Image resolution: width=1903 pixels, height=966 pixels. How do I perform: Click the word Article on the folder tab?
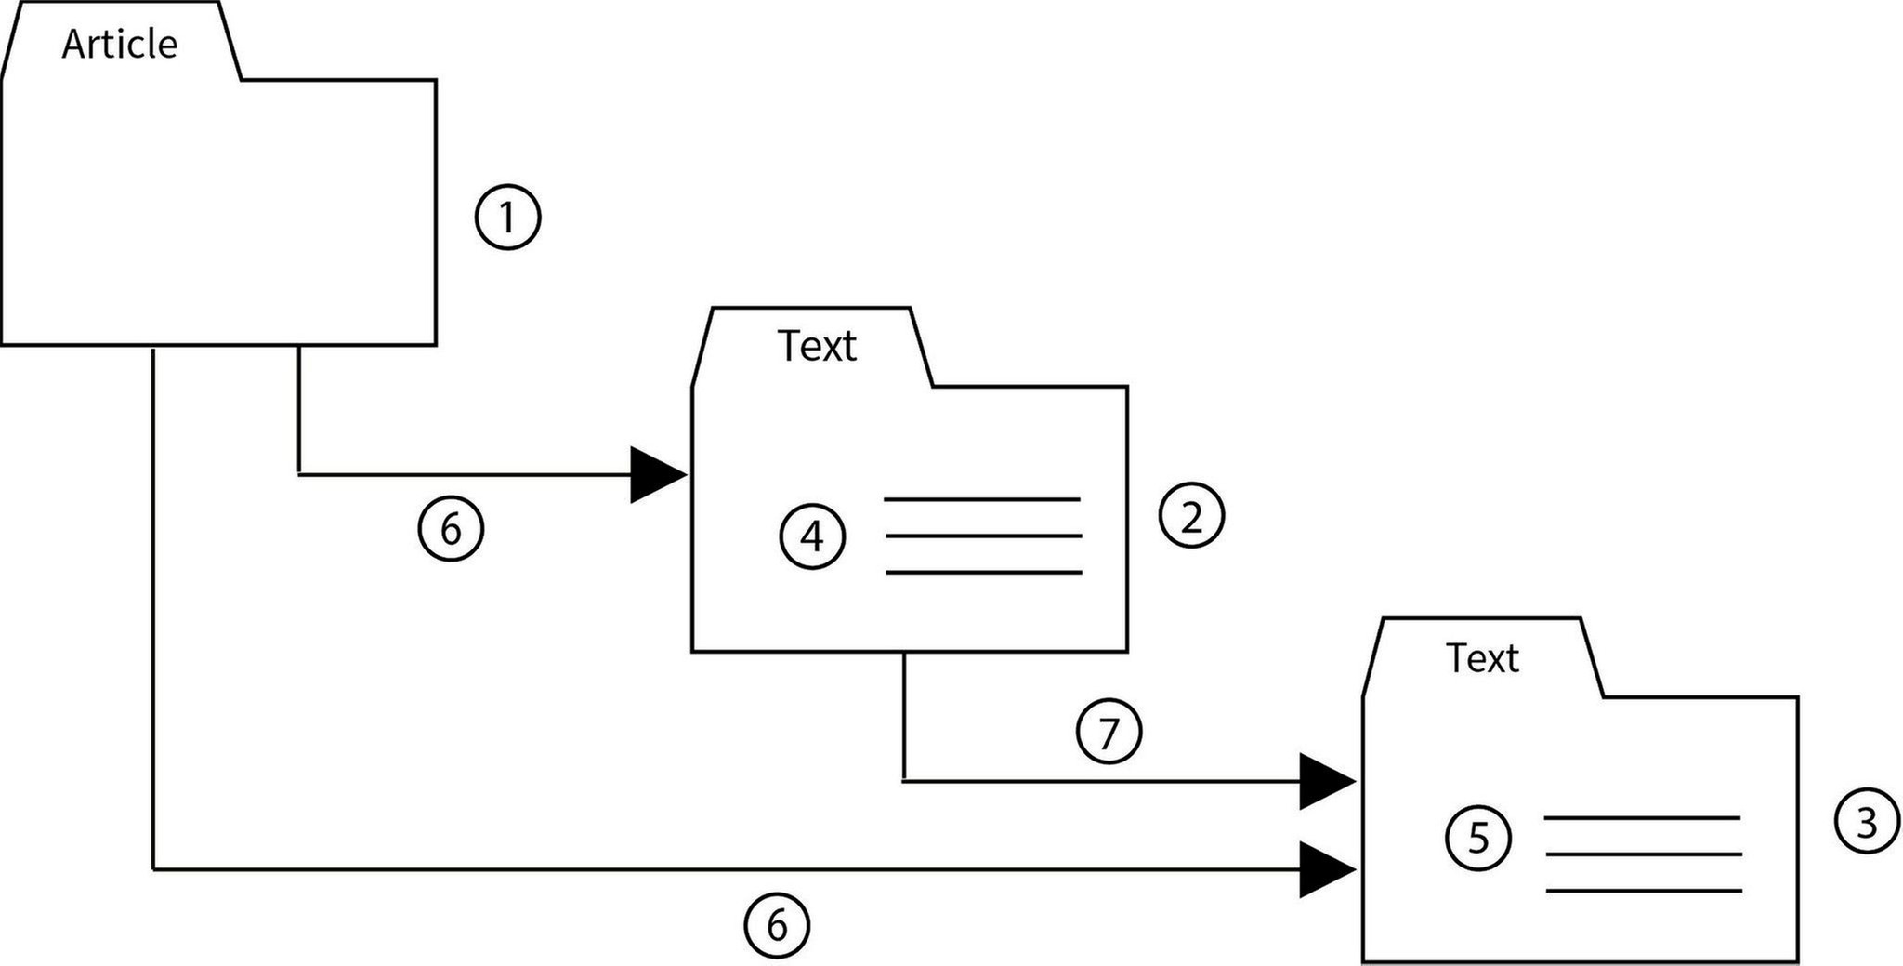tap(119, 45)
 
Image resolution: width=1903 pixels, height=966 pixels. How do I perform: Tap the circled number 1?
tap(507, 218)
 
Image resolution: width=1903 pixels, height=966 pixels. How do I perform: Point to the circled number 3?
tap(1867, 822)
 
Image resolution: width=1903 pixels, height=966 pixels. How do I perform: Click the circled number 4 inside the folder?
tap(812, 536)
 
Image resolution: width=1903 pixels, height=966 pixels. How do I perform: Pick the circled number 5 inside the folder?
tap(1477, 839)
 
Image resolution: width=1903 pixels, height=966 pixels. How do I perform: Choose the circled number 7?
tap(1109, 733)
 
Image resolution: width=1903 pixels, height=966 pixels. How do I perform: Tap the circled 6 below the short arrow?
tap(451, 530)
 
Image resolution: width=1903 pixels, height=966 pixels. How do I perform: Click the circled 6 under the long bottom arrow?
tap(777, 926)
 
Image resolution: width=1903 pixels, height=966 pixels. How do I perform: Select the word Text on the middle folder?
tap(816, 346)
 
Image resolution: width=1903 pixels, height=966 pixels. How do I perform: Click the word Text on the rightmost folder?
tap(1481, 658)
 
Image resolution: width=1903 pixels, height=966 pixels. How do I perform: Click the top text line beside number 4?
tap(982, 500)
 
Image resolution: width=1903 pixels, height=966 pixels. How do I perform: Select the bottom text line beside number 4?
tap(984, 573)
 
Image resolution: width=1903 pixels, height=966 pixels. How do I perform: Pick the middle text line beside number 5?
tap(1643, 854)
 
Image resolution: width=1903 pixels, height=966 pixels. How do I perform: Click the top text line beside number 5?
tap(1642, 818)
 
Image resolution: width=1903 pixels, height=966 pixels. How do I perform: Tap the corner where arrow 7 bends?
tap(904, 782)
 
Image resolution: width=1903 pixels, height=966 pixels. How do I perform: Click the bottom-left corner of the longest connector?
tap(153, 870)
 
